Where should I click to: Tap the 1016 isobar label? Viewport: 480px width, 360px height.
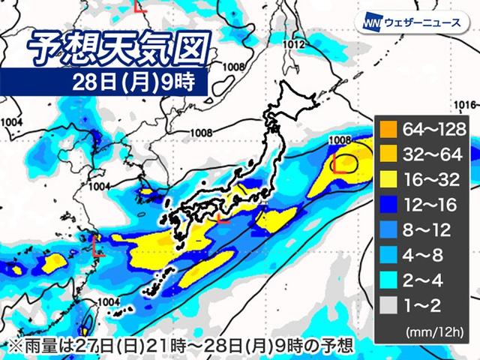point(466,103)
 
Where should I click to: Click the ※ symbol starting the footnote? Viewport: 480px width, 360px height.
point(10,344)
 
